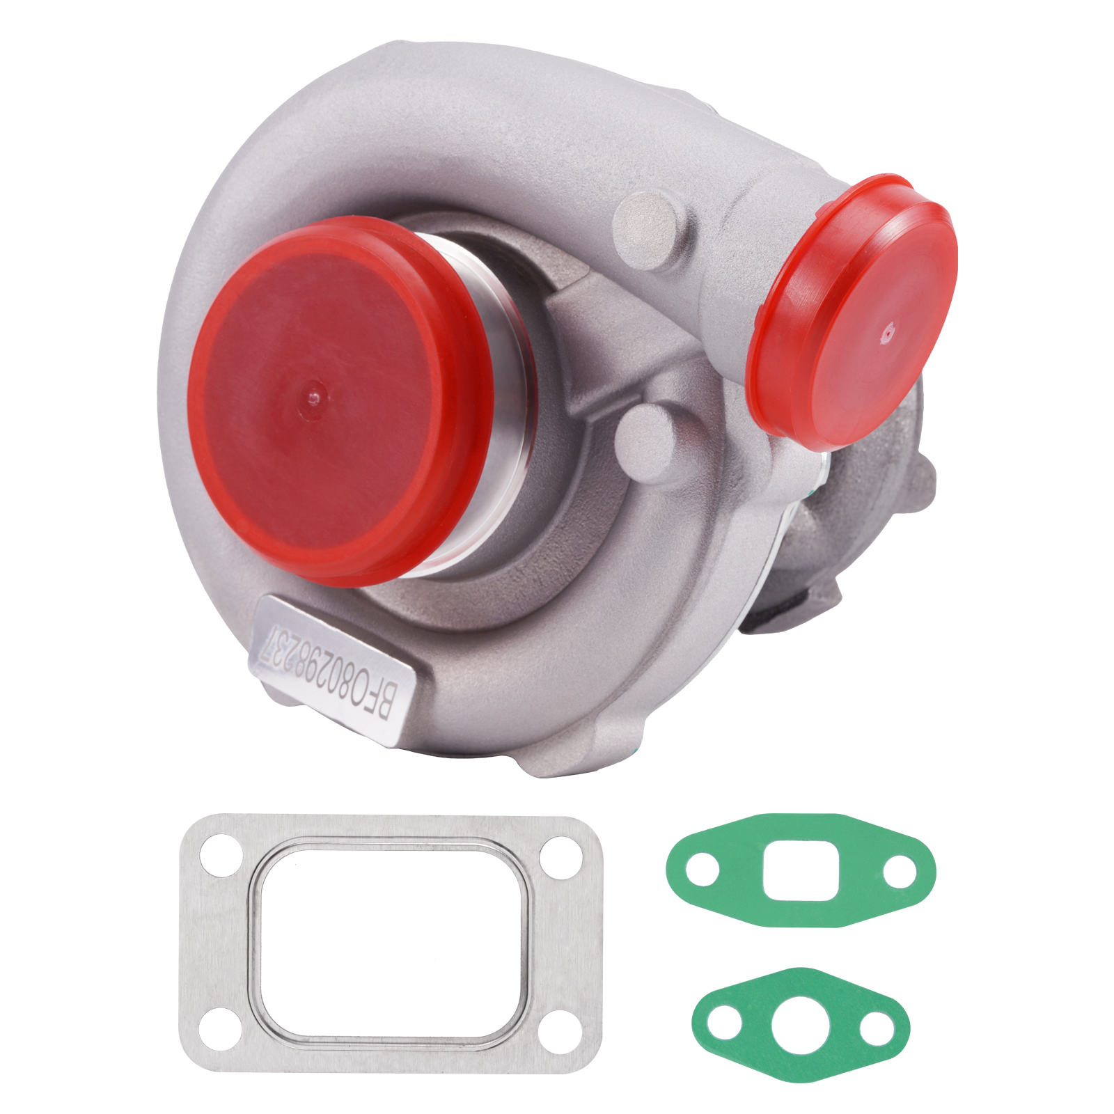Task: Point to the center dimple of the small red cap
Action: [886, 334]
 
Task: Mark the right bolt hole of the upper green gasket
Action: [900, 871]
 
